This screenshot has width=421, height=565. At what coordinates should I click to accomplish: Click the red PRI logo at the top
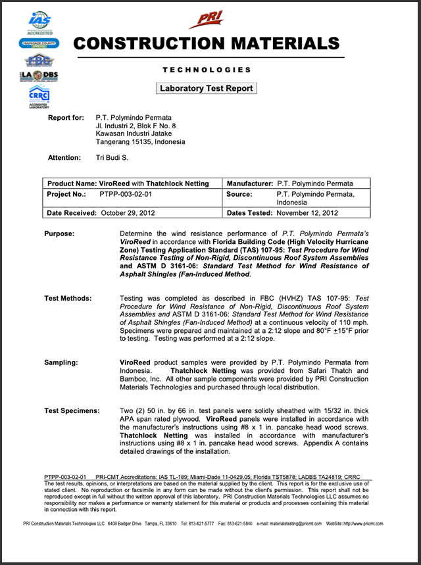[206, 20]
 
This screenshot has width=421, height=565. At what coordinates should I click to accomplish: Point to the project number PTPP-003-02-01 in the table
[126, 194]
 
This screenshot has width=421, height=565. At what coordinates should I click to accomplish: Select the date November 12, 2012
[307, 212]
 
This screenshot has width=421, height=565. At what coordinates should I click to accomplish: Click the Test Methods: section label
[68, 298]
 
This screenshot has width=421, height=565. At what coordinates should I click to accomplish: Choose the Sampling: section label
[62, 362]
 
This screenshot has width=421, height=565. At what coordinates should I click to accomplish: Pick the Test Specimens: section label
[72, 410]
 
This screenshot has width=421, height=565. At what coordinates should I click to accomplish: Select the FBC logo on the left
[39, 60]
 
